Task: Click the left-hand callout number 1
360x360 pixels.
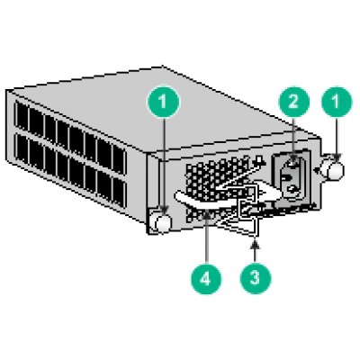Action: (162, 103)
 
